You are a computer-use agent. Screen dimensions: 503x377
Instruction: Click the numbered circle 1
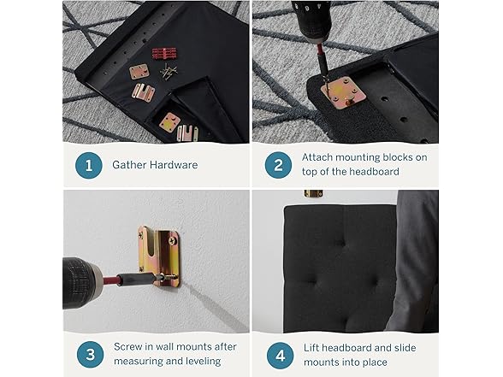click(89, 166)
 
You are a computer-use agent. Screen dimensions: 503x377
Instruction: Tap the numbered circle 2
click(278, 165)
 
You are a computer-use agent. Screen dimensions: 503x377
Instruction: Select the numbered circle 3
click(90, 355)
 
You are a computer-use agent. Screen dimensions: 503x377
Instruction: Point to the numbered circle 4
click(280, 356)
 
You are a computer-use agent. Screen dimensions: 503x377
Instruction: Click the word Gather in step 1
click(129, 165)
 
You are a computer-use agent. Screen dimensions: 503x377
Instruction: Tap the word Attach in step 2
click(317, 157)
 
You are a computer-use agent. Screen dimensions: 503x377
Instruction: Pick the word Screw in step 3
click(127, 346)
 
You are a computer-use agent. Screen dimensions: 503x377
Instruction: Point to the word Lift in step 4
click(311, 347)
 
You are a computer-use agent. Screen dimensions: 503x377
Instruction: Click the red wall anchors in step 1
click(164, 53)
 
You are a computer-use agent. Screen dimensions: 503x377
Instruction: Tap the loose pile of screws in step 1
click(169, 71)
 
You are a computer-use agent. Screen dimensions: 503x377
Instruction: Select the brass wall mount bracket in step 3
click(159, 255)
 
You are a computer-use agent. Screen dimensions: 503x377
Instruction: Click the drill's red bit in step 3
click(110, 279)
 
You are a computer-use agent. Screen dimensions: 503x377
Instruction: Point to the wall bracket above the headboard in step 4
click(313, 193)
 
